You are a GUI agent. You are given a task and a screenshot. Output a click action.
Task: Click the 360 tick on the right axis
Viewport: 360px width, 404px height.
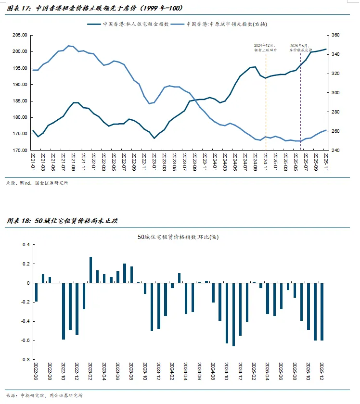(335, 35)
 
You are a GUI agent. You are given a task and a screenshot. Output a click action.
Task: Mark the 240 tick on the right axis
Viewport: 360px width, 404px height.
(335, 150)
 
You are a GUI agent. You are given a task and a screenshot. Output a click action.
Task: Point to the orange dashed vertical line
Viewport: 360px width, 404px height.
(265, 106)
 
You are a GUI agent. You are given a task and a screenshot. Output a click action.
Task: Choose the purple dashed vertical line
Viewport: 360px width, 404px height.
(300, 106)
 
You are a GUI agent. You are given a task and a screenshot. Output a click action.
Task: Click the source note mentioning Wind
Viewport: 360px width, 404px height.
(37, 183)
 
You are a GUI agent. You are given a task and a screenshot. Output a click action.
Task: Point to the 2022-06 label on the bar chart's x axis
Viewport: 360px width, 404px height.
(36, 372)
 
